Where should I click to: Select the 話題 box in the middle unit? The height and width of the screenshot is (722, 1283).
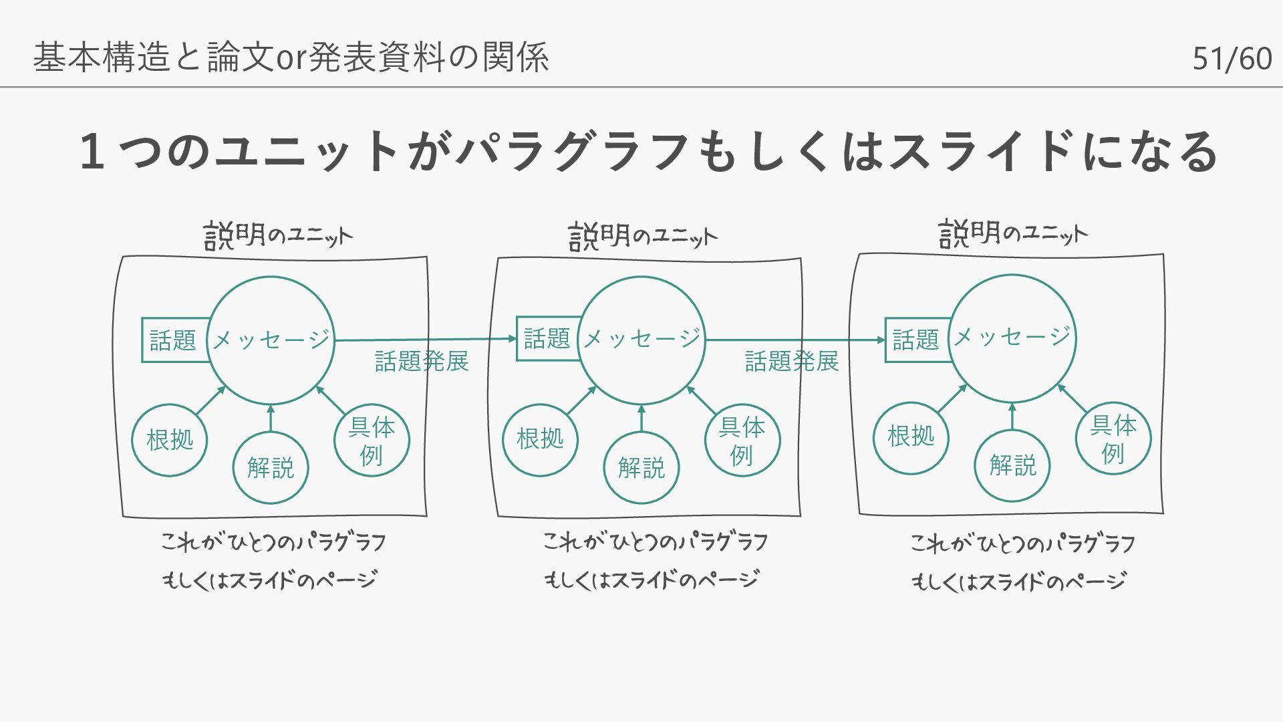(547, 338)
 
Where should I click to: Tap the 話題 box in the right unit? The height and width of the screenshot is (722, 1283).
(916, 340)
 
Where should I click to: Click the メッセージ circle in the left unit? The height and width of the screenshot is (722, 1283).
(271, 340)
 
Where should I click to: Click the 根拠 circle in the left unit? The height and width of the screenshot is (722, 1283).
(170, 440)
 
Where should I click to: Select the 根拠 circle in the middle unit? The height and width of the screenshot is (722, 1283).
(540, 439)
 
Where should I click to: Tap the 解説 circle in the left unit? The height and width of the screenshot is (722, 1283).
(271, 467)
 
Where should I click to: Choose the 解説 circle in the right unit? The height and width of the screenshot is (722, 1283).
(1012, 465)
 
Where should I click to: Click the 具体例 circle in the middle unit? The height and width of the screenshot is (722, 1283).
(742, 441)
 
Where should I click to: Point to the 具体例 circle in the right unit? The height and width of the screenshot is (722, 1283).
(1113, 438)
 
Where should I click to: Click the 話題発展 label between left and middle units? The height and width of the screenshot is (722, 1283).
(422, 362)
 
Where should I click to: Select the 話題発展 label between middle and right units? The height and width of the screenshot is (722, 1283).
(792, 362)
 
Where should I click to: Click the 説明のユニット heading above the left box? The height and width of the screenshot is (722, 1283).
(278, 235)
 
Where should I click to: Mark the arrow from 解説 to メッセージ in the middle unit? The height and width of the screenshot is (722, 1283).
(641, 418)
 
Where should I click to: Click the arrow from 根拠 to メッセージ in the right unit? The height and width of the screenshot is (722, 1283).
(952, 399)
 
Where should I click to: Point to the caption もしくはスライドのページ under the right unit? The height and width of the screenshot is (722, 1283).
(1019, 582)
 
